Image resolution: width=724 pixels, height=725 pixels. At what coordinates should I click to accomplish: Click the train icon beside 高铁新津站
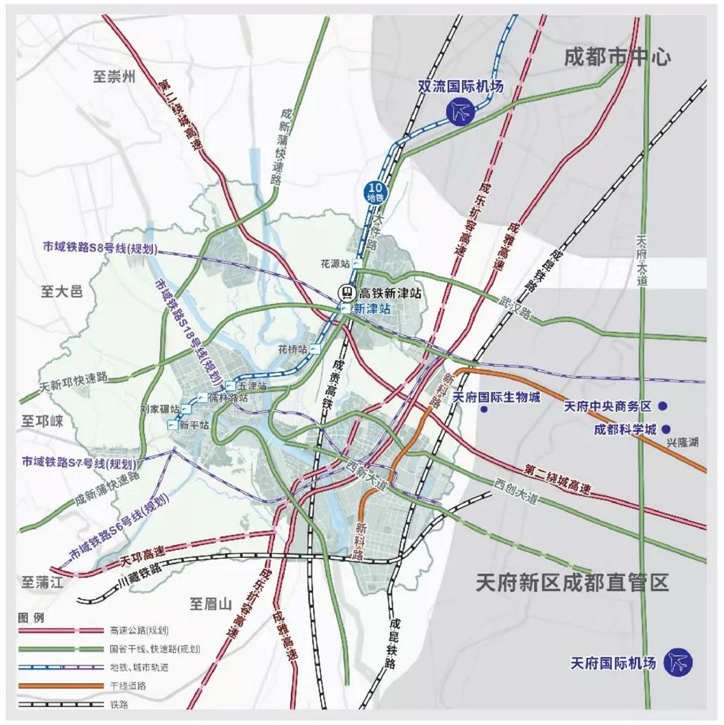click(347, 292)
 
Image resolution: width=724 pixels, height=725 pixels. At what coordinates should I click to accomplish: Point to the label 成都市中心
click(617, 56)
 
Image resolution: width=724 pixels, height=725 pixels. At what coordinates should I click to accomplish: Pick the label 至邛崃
click(42, 421)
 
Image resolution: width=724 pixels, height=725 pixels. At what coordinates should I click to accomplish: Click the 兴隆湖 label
click(683, 441)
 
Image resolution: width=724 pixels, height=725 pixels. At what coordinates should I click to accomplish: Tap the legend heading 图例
click(31, 618)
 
